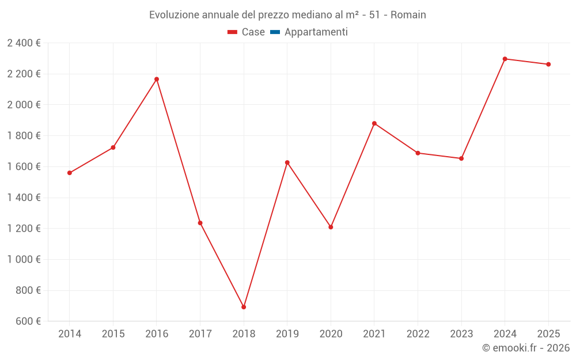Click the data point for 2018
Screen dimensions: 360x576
[244, 307]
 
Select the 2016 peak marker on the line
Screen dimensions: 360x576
[157, 79]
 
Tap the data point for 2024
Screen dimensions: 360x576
[505, 59]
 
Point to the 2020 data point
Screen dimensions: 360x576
[331, 227]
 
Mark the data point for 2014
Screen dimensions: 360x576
[70, 173]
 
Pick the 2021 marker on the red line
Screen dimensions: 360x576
[374, 123]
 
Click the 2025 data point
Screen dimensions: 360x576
[548, 65]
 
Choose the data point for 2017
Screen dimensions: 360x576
[200, 223]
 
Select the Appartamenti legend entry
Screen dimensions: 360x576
[316, 32]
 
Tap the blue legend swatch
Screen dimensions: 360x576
[275, 32]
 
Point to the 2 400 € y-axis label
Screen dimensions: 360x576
[24, 43]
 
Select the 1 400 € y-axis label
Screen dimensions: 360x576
[24, 198]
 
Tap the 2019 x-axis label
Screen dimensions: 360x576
[287, 334]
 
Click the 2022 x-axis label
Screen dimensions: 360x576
[418, 334]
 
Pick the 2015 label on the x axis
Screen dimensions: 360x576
[113, 334]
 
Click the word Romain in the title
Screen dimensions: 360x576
[408, 15]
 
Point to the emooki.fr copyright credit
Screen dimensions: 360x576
[526, 348]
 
